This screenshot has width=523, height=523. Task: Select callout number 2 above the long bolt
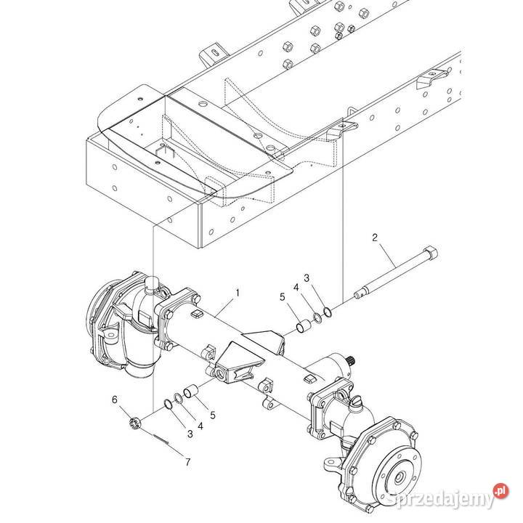click(375, 238)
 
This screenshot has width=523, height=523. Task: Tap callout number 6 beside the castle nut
click(114, 400)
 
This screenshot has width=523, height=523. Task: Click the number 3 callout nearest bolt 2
click(307, 278)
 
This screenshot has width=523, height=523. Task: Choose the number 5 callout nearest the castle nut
click(211, 415)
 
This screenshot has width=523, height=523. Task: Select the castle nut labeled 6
click(134, 422)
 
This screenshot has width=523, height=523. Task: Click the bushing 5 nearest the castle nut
click(193, 392)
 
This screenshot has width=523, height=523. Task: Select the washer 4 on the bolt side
click(317, 317)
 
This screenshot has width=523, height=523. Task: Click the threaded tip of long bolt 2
click(357, 296)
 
